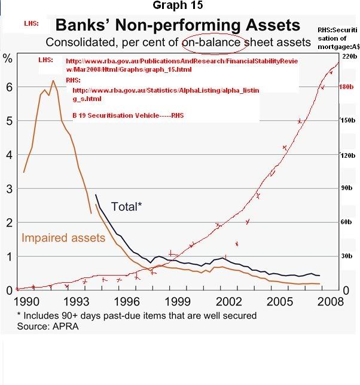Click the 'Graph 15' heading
178,6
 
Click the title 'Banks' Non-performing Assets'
177,26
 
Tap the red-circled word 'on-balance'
213,42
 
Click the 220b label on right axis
350,56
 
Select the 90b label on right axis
349,188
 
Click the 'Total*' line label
126,207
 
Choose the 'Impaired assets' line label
63,238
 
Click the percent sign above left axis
8,58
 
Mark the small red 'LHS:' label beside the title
32,24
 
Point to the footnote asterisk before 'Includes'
19,315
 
